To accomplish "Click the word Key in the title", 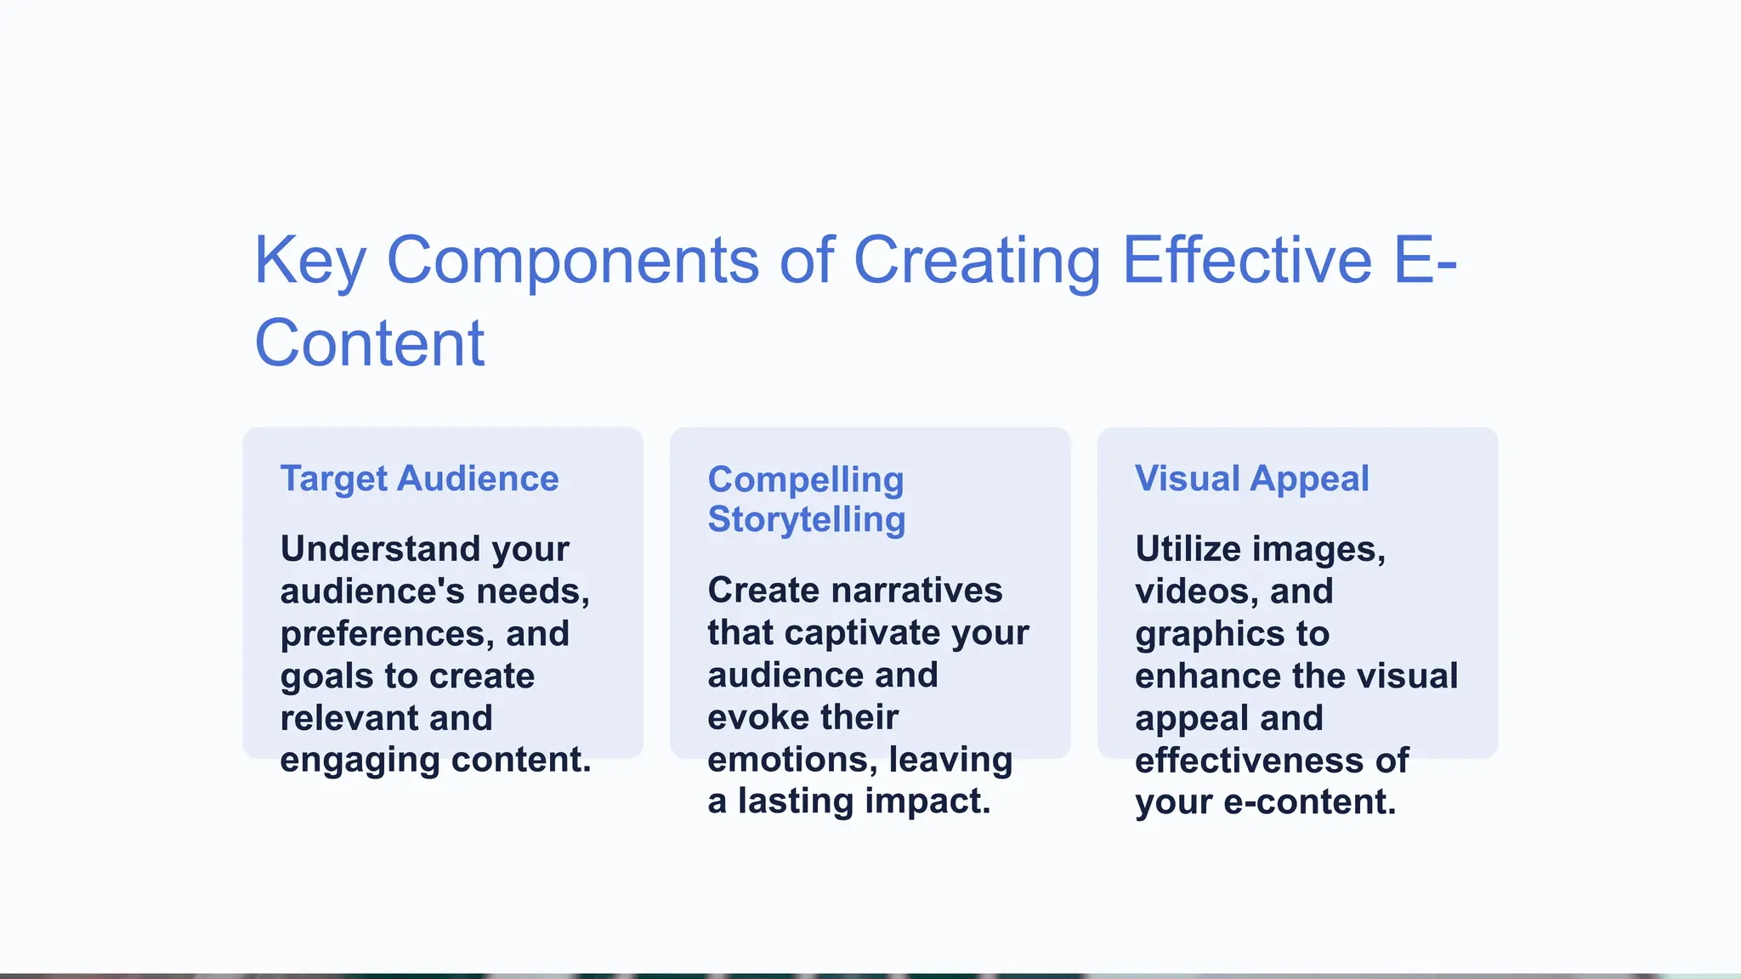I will (310, 261).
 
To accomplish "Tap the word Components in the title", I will (573, 261).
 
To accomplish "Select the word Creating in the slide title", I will (977, 261).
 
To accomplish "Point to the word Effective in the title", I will (1247, 259).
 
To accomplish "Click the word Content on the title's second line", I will (370, 343).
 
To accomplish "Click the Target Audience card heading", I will (420, 478).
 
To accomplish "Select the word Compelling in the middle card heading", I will (805, 479).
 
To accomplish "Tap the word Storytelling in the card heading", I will (806, 519).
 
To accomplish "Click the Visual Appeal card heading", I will (1251, 478).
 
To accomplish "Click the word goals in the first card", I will (326, 676).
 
